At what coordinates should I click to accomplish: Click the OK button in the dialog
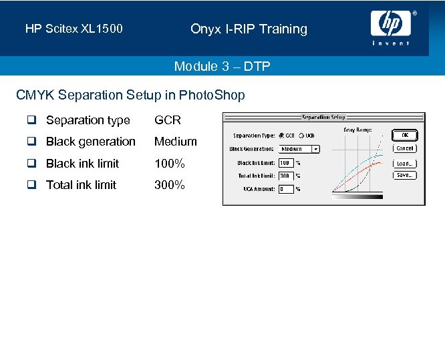pos(405,135)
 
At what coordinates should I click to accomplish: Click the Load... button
pos(405,163)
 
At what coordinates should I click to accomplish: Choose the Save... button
pos(405,175)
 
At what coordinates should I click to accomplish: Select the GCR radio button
pos(281,136)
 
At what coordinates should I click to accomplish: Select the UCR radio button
pos(301,136)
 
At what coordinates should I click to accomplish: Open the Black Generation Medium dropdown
pos(299,149)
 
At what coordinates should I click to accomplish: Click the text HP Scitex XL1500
pos(73,29)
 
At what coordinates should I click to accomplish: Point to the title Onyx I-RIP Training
pos(249,29)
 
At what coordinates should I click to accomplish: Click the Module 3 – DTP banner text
pos(222,66)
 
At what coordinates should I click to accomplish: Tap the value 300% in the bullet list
pos(170,185)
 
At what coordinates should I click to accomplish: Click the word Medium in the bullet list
pos(176,142)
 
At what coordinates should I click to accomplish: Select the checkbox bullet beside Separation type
pos(31,120)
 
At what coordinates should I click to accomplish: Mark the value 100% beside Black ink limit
pos(170,164)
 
